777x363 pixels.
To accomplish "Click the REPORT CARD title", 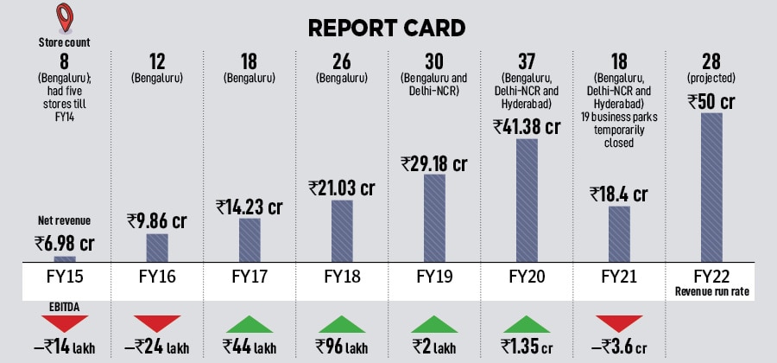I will [388, 28].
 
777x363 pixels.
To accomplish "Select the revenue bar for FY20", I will [527, 200].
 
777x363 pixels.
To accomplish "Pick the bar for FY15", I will [65, 258].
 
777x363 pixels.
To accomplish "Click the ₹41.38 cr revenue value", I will [527, 126].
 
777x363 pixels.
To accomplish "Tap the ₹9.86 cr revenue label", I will [157, 220].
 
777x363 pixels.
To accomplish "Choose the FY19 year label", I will [434, 281].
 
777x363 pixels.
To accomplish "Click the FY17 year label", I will [250, 281].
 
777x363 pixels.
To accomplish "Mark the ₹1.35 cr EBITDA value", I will [527, 346].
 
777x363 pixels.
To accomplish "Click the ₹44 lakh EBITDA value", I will [250, 346].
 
